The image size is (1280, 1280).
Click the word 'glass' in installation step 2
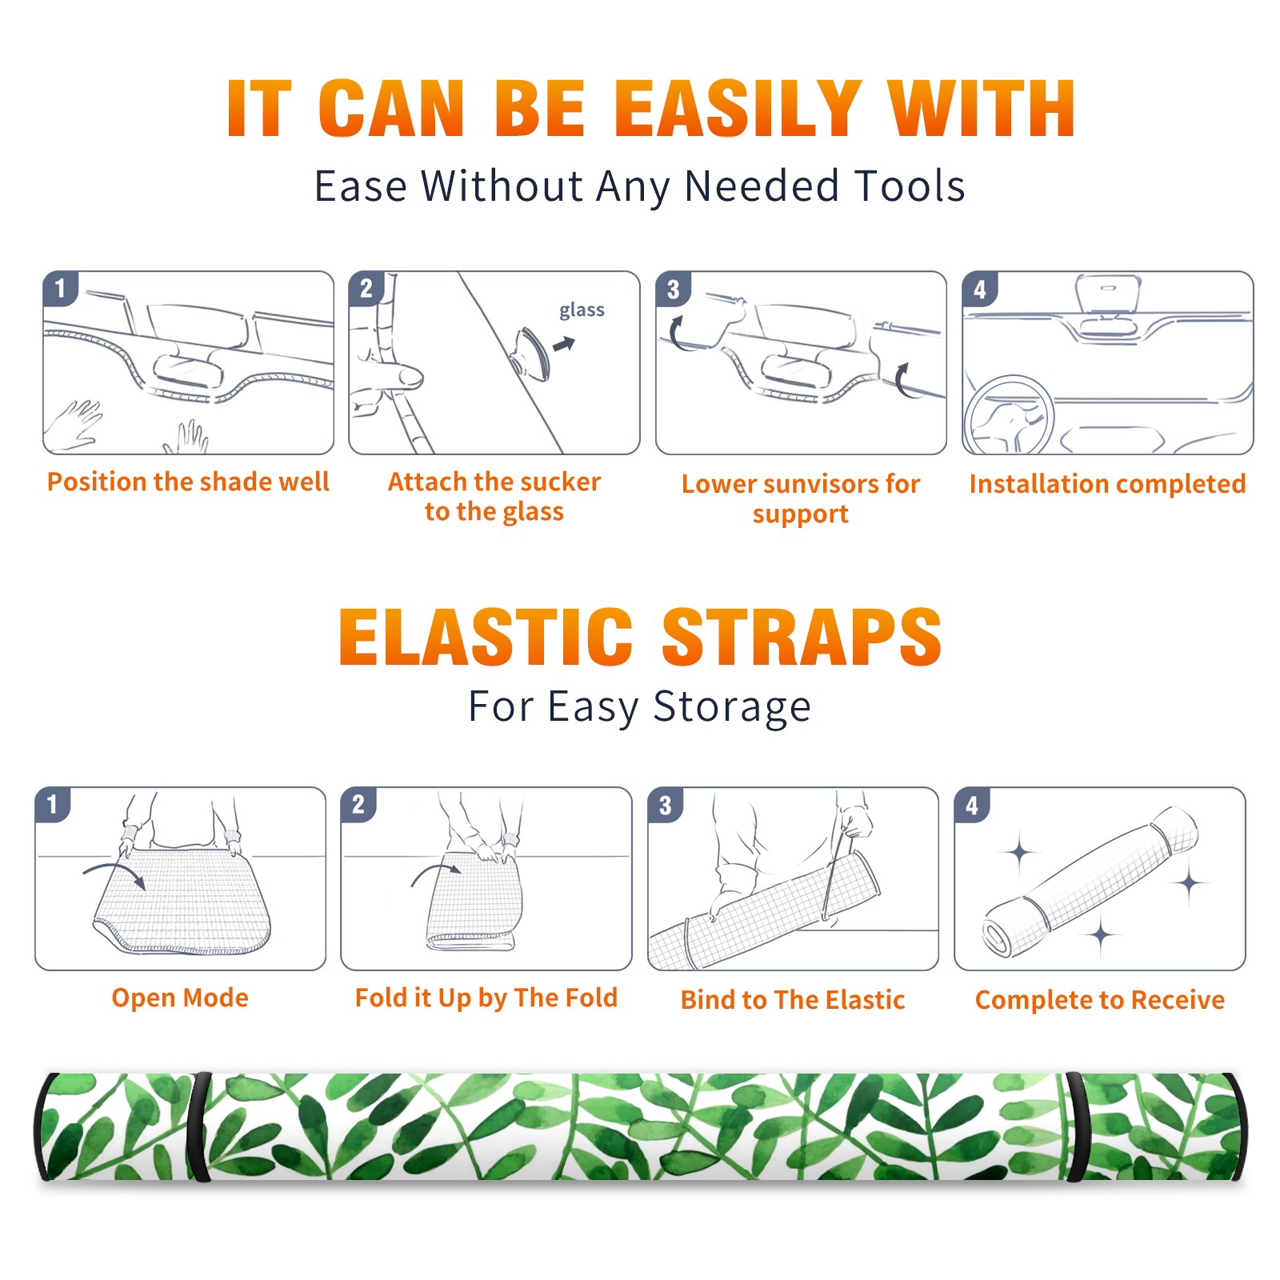582,310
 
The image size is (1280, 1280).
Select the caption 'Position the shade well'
188,482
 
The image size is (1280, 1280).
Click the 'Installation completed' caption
1107,484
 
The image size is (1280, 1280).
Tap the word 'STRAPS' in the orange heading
802,637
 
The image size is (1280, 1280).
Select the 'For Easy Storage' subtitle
640,707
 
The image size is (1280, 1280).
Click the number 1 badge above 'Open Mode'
53,804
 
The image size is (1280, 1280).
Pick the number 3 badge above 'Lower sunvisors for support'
673,290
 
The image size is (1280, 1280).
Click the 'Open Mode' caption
180,998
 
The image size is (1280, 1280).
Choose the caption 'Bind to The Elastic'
793,1000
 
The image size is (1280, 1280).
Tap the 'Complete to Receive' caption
1100,1000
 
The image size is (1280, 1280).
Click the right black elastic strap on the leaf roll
1077,1127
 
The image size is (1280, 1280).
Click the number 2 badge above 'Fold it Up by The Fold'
358,804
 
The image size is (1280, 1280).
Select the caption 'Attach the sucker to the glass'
494,496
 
